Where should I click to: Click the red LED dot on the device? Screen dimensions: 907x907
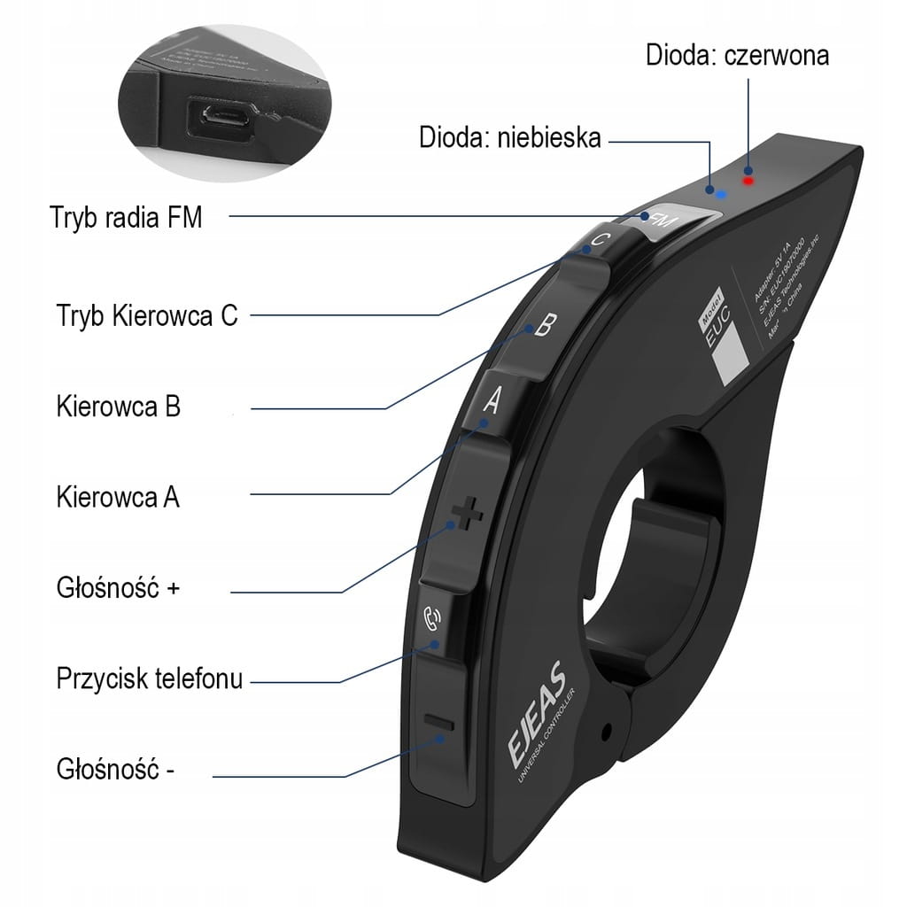[x=748, y=181]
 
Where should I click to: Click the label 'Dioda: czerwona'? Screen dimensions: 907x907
[x=737, y=55]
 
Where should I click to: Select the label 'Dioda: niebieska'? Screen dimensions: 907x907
[x=510, y=137]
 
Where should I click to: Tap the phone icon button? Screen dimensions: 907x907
[x=434, y=616]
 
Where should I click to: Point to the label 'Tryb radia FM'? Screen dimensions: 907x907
[x=127, y=217]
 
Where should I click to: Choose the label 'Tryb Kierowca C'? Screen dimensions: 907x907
[x=147, y=315]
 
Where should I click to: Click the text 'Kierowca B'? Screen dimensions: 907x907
[x=118, y=407]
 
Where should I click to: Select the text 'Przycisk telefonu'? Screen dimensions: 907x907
[x=149, y=679]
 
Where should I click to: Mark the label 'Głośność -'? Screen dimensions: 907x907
[x=115, y=767]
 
